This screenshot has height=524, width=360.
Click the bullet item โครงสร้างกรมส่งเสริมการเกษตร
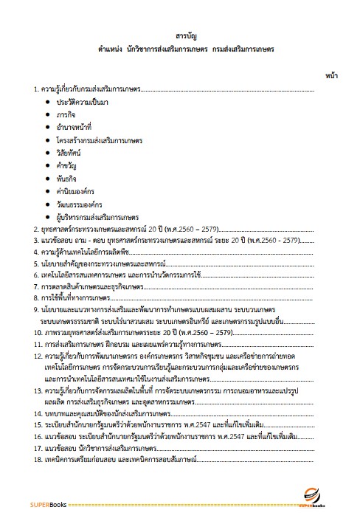[x=104, y=140]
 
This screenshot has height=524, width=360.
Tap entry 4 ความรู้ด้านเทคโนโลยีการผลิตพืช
[x=90, y=251]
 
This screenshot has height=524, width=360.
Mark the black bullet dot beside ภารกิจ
[x=48, y=114]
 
